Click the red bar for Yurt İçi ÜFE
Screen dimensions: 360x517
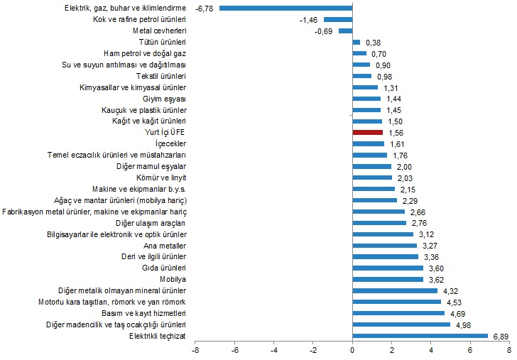click(367, 132)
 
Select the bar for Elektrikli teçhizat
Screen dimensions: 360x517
click(420, 336)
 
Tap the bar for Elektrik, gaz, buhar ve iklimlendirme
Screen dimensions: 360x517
click(285, 8)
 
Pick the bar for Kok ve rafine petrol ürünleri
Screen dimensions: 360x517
click(337, 19)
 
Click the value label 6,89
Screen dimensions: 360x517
click(501, 336)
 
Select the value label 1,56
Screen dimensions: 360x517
click(396, 132)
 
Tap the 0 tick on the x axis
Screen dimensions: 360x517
click(352, 350)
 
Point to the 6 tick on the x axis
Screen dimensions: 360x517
click(469, 350)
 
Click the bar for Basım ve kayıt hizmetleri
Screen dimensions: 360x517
click(398, 313)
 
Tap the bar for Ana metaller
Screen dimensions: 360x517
click(384, 245)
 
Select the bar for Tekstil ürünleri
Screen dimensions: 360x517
click(361, 76)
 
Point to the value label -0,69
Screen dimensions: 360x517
click(323, 31)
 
